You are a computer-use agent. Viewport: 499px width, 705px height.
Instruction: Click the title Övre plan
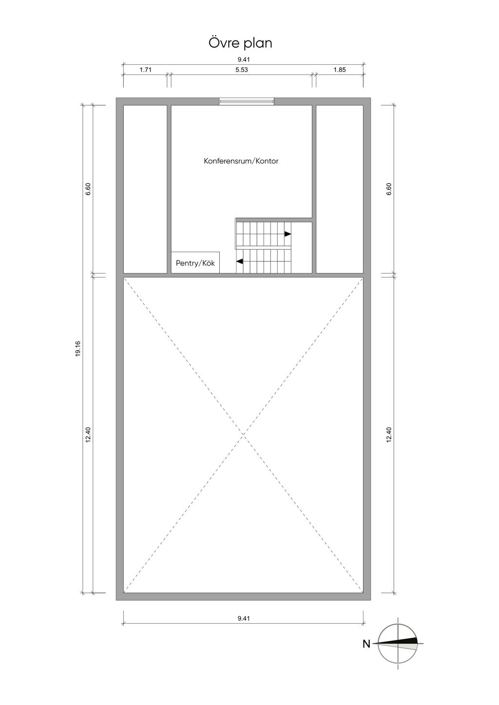pyautogui.click(x=240, y=43)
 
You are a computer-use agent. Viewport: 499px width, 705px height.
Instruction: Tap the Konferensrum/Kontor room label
pyautogui.click(x=241, y=161)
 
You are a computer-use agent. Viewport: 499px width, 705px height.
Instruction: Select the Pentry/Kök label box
pyautogui.click(x=195, y=263)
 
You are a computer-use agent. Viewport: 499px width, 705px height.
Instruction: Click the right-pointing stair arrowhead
pyautogui.click(x=288, y=234)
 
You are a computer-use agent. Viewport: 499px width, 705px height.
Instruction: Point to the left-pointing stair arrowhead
pyautogui.click(x=240, y=262)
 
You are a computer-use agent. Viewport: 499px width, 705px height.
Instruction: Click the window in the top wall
pyautogui.click(x=246, y=101)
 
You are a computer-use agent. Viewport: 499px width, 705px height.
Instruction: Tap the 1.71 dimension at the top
pyautogui.click(x=146, y=70)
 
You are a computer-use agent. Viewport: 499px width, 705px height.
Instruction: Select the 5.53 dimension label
pyautogui.click(x=242, y=70)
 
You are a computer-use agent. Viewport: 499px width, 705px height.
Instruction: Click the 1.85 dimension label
pyautogui.click(x=340, y=70)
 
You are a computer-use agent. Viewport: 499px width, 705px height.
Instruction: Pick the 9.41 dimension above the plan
pyautogui.click(x=244, y=60)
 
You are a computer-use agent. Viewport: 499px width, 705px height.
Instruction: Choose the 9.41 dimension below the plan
pyautogui.click(x=244, y=619)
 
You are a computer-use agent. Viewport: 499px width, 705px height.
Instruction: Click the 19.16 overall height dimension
pyautogui.click(x=78, y=349)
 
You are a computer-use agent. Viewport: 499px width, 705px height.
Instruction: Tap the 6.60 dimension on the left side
pyautogui.click(x=88, y=189)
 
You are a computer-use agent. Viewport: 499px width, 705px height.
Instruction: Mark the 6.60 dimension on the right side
pyautogui.click(x=389, y=189)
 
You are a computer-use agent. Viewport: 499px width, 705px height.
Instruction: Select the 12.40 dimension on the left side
pyautogui.click(x=88, y=435)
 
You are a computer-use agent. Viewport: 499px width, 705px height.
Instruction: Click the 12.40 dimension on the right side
pyautogui.click(x=389, y=435)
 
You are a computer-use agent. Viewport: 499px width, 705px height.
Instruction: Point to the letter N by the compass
pyautogui.click(x=366, y=644)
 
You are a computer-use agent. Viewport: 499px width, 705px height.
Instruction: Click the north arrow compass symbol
pyautogui.click(x=398, y=643)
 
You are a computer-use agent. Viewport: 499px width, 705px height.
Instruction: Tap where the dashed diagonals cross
pyautogui.click(x=243, y=435)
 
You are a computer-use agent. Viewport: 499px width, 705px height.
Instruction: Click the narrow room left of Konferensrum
pyautogui.click(x=145, y=189)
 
